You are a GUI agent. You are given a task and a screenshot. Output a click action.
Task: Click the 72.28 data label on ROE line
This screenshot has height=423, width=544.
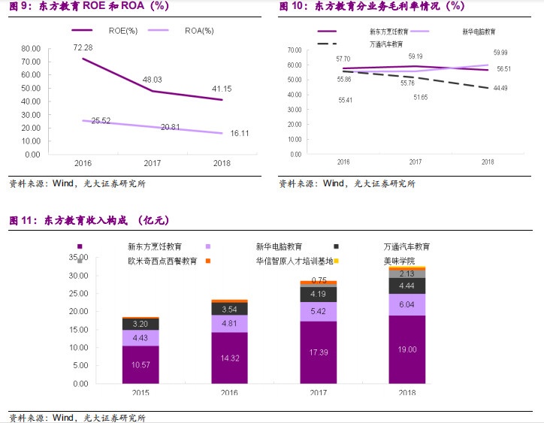coord(83,47)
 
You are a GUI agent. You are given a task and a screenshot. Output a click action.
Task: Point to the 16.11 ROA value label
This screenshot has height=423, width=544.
coord(219,133)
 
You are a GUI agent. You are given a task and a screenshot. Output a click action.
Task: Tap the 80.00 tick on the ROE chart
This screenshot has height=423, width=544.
coord(31,49)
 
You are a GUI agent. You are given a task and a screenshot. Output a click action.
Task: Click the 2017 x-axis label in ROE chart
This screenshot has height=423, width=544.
coord(153,162)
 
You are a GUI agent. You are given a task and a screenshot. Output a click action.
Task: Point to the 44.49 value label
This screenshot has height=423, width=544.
coord(500,88)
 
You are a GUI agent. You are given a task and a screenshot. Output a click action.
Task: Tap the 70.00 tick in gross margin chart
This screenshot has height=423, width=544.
coord(295,50)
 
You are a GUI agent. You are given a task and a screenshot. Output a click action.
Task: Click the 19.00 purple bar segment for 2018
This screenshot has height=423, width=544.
coord(407,349)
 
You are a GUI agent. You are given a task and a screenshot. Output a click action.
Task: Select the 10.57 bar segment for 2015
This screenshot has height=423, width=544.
coord(141,364)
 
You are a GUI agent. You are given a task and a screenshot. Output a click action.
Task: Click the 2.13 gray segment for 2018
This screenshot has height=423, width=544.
coord(407,273)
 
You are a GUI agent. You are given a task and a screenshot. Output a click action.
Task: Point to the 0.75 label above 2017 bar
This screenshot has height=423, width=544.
coord(318,280)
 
